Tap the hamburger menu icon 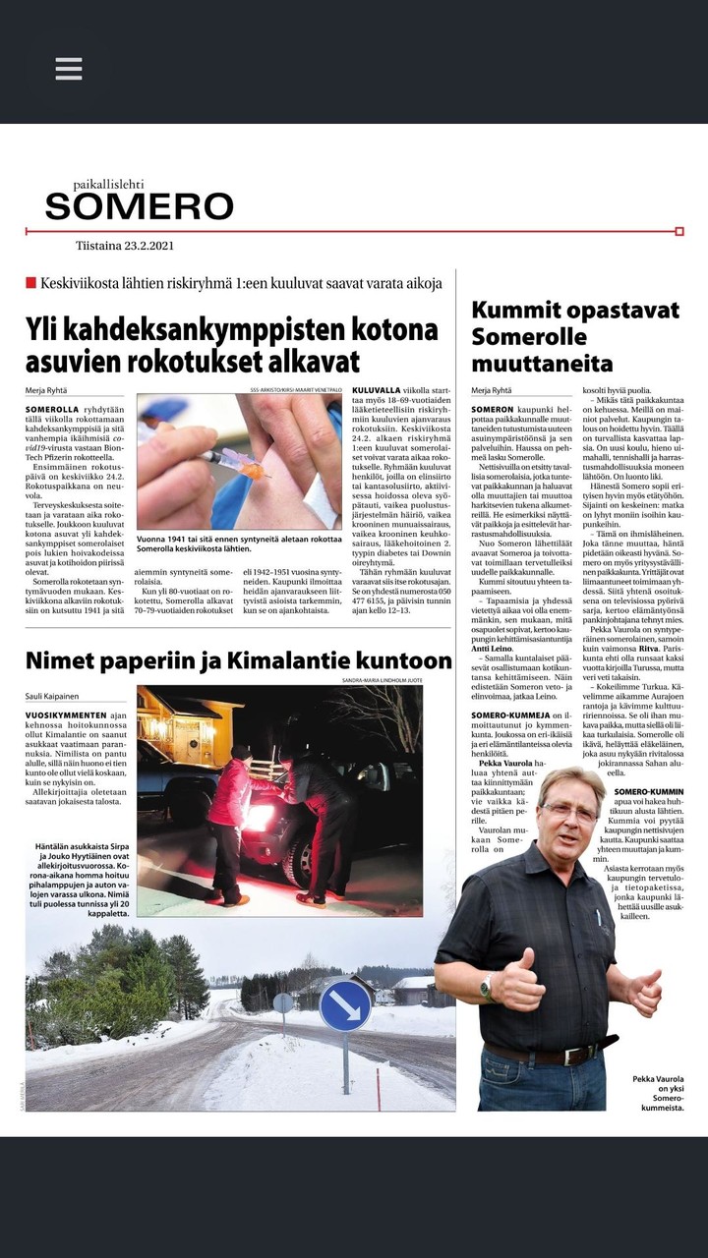tap(69, 69)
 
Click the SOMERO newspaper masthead tap(139, 205)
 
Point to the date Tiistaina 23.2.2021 tap(125, 247)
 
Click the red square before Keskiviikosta tap(30, 283)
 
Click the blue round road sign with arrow tap(345, 1005)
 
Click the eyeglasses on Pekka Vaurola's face tap(568, 811)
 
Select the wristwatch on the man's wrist tap(487, 984)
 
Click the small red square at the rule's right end tap(679, 231)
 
